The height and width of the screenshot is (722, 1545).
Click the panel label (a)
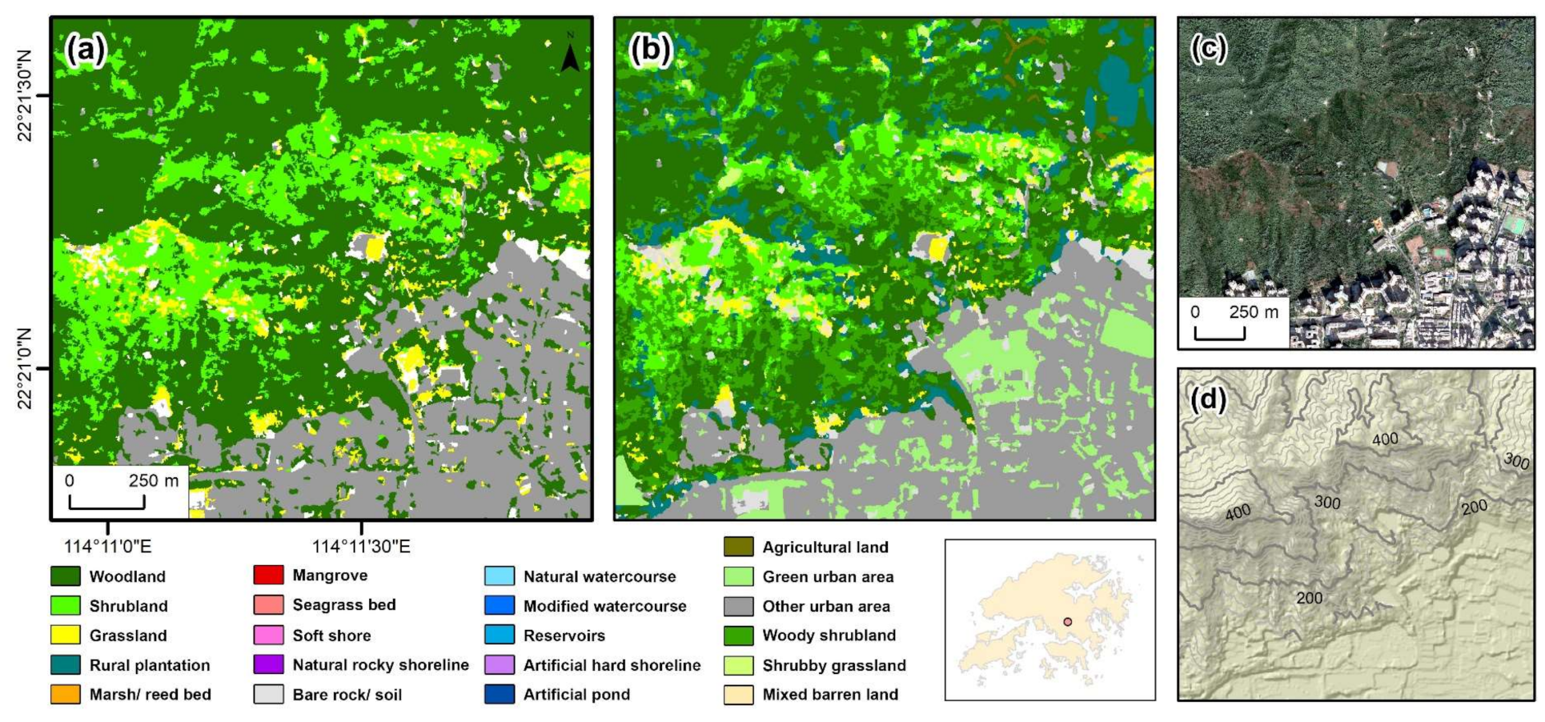[86, 50]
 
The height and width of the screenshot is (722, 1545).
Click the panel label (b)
[650, 50]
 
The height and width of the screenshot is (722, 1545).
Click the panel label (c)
[1208, 49]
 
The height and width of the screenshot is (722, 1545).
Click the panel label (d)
[1209, 398]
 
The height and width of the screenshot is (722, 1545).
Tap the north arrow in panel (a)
[570, 54]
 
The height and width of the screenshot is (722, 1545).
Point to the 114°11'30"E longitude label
[361, 547]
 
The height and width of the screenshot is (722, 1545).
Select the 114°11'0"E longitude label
[108, 547]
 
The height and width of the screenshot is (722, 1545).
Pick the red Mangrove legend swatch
[268, 576]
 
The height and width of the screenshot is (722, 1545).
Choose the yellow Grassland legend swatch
[65, 636]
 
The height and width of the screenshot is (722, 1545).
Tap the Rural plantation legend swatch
[65, 665]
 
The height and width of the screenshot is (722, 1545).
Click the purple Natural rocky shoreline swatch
[268, 665]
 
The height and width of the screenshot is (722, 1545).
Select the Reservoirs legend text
[564, 636]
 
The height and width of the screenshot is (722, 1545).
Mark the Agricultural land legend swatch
[738, 548]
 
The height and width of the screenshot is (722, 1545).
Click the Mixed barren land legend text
[830, 695]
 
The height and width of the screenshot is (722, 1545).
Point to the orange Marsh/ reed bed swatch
[65, 695]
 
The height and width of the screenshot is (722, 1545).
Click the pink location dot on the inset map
[1067, 622]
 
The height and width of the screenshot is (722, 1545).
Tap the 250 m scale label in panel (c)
[1254, 312]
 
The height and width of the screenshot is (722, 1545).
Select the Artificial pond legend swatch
[500, 695]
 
